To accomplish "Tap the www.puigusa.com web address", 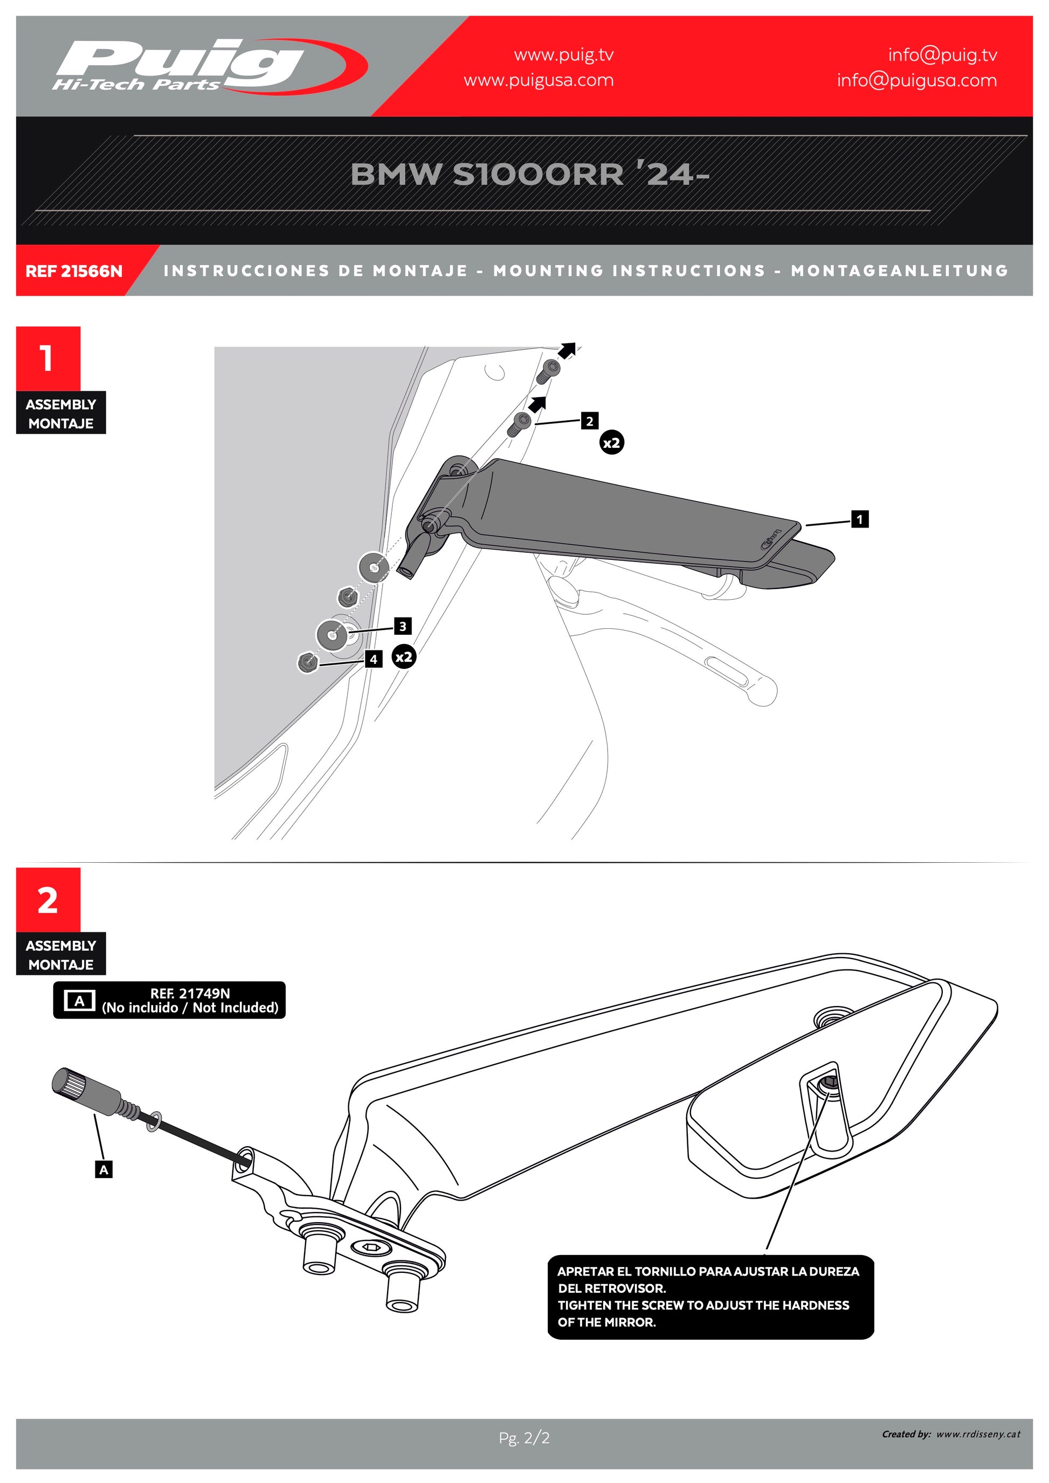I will tap(538, 80).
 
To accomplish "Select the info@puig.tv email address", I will tap(942, 55).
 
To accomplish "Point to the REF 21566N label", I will tap(74, 271).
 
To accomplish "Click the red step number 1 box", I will tap(48, 358).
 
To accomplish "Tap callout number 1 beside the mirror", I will tap(859, 519).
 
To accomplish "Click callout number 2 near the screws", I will tap(589, 421).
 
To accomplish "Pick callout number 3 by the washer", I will tap(403, 626).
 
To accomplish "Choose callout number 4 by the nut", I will tap(374, 660).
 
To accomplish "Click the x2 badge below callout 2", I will tap(611, 443).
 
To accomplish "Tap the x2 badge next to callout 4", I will tap(404, 657).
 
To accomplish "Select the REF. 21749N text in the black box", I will tap(190, 993).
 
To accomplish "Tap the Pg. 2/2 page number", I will tap(524, 1438).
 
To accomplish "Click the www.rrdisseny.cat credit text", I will tap(978, 1434).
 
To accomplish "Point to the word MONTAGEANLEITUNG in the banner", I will tap(899, 271).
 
